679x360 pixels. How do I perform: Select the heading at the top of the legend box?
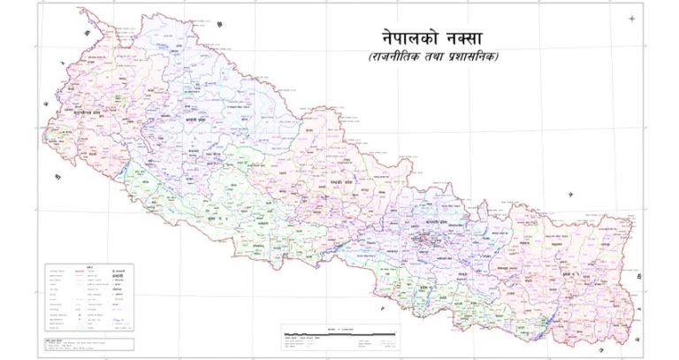pyautogui.click(x=88, y=269)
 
